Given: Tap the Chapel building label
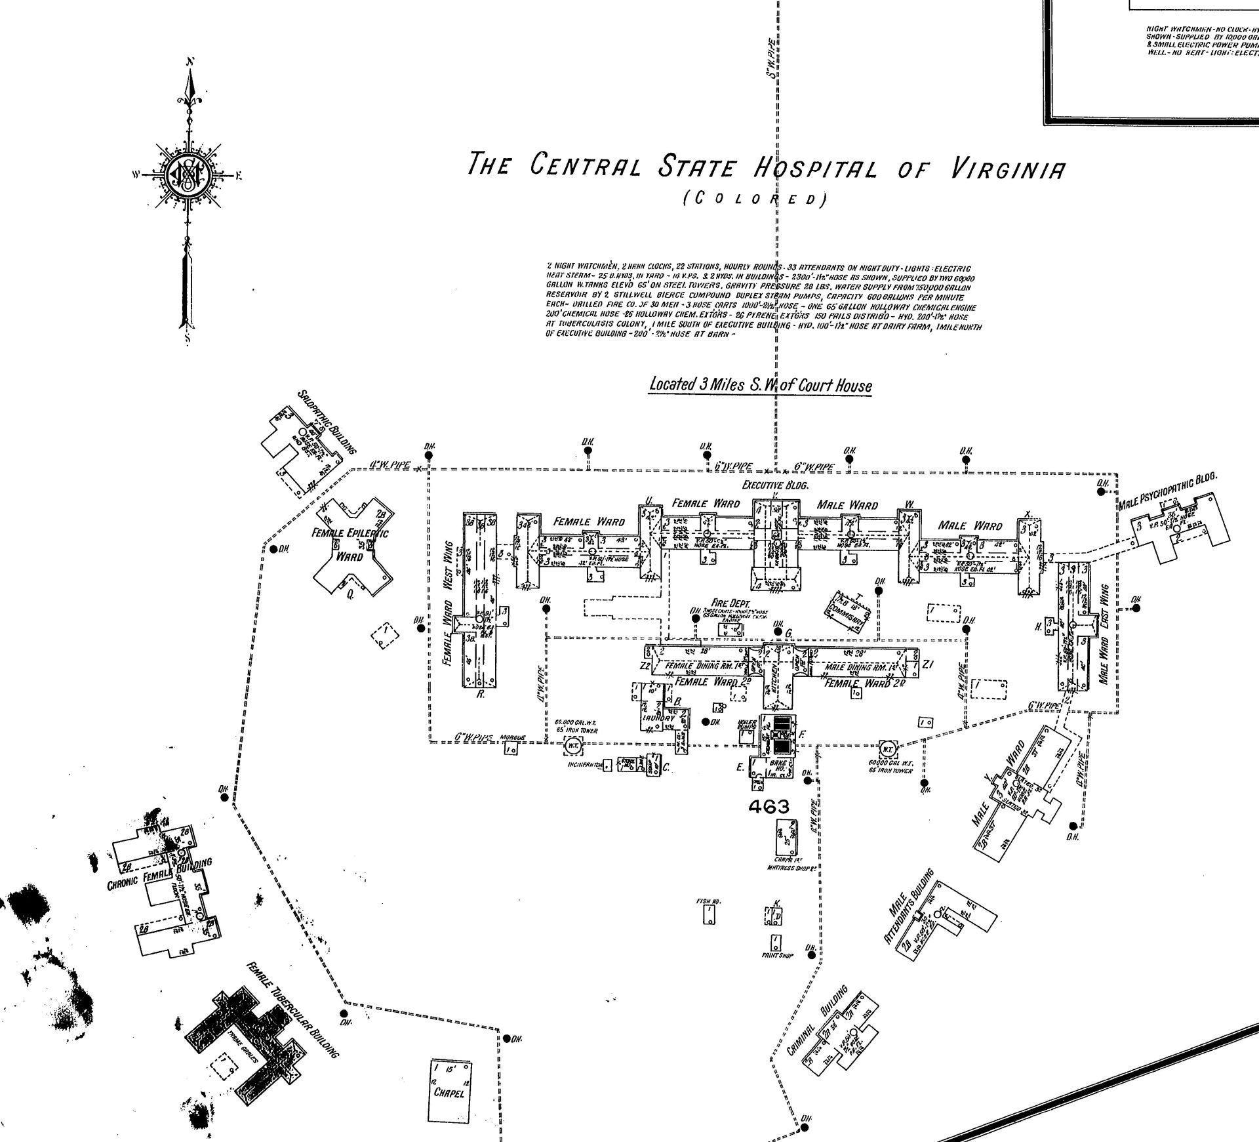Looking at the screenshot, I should pyautogui.click(x=449, y=1093).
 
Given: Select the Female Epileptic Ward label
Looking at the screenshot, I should pyautogui.click(x=350, y=544).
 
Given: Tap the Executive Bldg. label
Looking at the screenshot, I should pyautogui.click(x=776, y=486).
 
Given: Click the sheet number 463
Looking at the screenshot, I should pyautogui.click(x=769, y=807).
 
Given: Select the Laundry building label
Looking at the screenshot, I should pyautogui.click(x=658, y=718).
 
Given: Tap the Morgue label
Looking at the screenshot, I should pyautogui.click(x=513, y=737).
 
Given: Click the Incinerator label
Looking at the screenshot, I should pyautogui.click(x=586, y=765).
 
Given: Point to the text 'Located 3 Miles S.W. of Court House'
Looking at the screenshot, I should pyautogui.click(x=760, y=385).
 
